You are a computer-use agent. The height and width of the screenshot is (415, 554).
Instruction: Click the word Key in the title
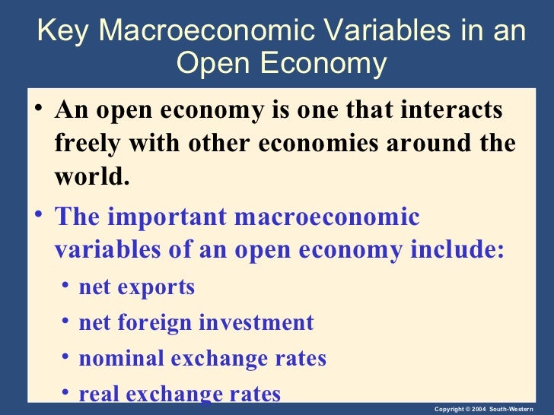pyautogui.click(x=63, y=31)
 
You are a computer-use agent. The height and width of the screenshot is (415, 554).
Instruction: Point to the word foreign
pyautogui.click(x=159, y=322)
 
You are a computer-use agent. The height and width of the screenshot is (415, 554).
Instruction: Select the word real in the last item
pyautogui.click(x=97, y=394)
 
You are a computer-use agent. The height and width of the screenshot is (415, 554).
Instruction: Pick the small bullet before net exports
pyautogui.click(x=68, y=286)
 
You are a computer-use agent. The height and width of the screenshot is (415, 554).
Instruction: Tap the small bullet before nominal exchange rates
pyautogui.click(x=68, y=356)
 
